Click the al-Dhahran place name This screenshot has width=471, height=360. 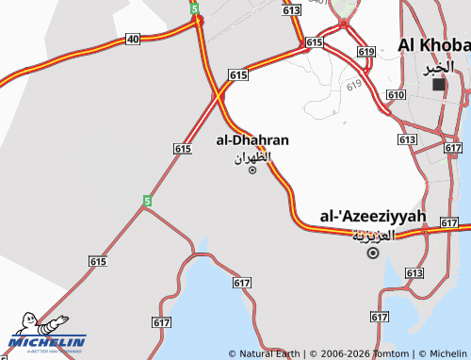click(x=252, y=140)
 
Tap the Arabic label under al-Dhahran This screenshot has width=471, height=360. click(x=252, y=156)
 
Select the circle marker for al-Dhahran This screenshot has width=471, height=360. click(x=252, y=170)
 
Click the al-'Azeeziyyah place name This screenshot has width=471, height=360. click(x=373, y=217)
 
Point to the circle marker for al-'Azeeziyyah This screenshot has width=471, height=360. click(x=373, y=253)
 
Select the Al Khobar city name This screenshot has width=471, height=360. click(x=434, y=45)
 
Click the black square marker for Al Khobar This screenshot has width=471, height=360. click(x=438, y=84)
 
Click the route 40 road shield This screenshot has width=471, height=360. click(x=133, y=39)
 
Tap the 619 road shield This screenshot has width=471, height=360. click(x=366, y=52)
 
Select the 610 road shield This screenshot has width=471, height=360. click(x=396, y=95)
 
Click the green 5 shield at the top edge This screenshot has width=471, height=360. click(x=194, y=8)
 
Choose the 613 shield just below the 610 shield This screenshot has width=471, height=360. click(x=407, y=139)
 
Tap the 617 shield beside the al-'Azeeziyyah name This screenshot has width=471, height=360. click(x=449, y=223)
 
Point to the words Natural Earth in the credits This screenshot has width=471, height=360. click(x=270, y=353)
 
